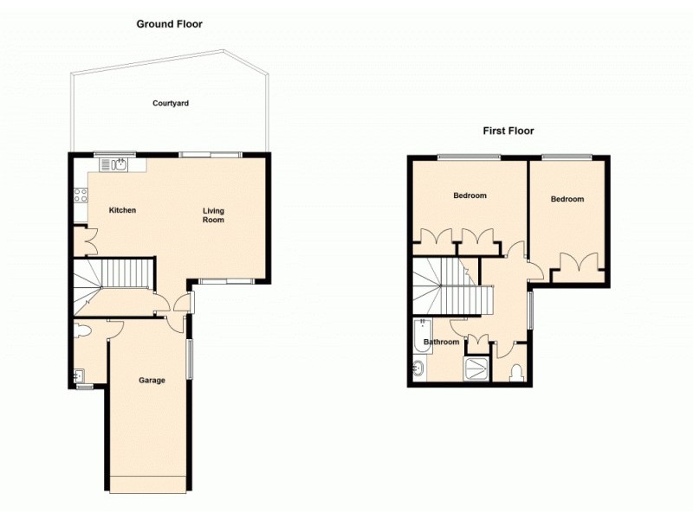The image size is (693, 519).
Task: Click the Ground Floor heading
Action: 169,24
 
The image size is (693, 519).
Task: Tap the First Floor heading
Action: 508,131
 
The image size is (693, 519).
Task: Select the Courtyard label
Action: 171,103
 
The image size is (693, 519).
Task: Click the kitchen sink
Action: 120,163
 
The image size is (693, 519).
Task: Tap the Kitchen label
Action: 122,210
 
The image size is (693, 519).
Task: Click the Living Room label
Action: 214,215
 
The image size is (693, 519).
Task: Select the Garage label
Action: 152,380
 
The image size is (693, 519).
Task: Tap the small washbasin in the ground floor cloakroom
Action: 80,375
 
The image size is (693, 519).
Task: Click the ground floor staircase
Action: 113,279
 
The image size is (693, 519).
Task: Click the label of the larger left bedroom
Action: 470,195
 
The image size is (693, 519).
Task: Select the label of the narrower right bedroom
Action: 567,199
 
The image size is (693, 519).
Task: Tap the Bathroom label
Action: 441,343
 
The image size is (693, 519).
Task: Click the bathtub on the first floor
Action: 424,337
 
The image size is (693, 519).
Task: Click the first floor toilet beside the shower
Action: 517,373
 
